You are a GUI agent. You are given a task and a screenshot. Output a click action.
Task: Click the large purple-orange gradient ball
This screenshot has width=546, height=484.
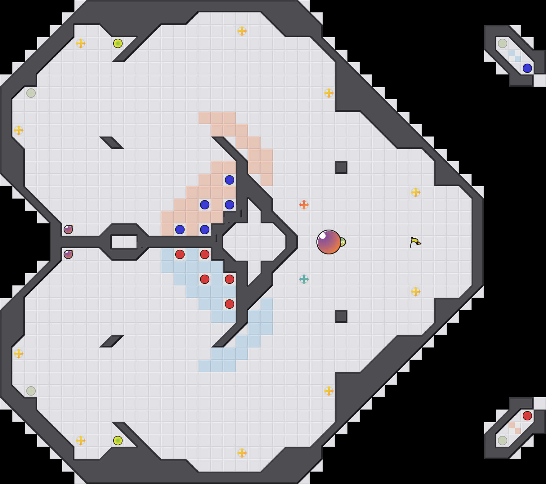329,242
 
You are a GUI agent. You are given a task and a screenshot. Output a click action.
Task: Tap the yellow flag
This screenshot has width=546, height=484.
415,242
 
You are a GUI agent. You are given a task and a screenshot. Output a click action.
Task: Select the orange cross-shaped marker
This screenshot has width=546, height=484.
304,205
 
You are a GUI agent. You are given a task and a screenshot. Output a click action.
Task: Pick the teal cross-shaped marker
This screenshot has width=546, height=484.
304,279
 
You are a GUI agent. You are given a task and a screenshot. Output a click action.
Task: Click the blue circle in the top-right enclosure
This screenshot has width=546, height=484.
527,68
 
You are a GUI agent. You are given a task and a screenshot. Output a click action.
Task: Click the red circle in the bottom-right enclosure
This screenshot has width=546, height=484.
527,416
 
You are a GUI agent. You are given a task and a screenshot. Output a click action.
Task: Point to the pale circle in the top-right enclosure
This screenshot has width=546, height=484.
503,43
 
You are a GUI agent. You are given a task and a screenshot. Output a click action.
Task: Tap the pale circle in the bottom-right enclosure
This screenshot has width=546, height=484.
503,441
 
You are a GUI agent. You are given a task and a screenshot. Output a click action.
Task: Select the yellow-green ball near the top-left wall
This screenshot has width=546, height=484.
118,43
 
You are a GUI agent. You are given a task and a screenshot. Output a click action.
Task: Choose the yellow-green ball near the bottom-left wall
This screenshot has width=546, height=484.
118,441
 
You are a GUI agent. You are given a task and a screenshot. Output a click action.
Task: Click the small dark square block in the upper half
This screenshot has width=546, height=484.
341,168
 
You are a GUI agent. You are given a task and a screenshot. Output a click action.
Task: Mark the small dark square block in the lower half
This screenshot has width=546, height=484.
341,316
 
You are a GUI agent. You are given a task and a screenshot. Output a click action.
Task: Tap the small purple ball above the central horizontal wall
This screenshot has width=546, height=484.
68,230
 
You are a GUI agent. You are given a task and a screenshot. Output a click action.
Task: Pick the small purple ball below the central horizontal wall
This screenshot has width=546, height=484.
68,254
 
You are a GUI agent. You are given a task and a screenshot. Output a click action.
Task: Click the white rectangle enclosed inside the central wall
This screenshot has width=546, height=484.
124,242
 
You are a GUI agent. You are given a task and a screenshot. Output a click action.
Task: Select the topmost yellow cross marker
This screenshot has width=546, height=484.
242,31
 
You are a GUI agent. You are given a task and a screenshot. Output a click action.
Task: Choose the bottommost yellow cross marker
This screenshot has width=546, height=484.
242,453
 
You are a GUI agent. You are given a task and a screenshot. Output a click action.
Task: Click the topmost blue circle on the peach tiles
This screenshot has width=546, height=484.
230,180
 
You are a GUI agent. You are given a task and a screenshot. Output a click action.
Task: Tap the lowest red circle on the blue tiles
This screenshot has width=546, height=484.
230,304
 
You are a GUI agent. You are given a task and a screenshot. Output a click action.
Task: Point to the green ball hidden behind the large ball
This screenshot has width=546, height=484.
342,242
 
